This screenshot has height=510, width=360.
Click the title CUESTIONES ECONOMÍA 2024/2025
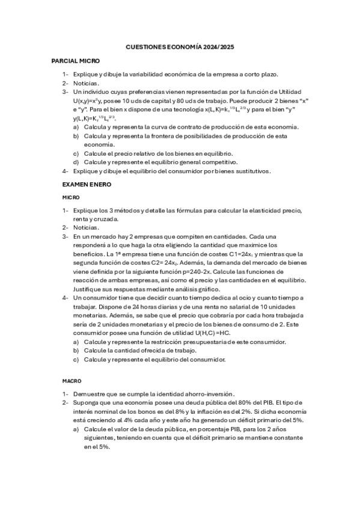coord(180,46)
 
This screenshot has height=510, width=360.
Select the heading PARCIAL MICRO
coord(76,61)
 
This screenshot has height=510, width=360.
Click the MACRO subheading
coord(72,381)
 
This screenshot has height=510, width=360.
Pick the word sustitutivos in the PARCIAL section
coord(246,171)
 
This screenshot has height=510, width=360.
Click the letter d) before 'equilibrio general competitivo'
coord(76,162)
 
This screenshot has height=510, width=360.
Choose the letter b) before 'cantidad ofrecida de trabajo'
coord(76,350)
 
